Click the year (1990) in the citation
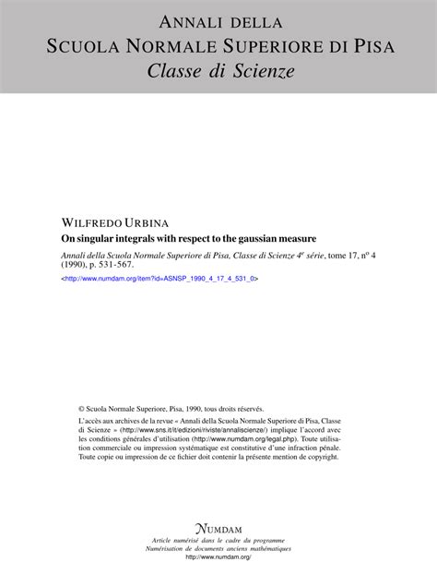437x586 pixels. point(77,266)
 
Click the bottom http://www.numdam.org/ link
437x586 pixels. point(218,557)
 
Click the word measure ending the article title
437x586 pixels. point(297,238)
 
